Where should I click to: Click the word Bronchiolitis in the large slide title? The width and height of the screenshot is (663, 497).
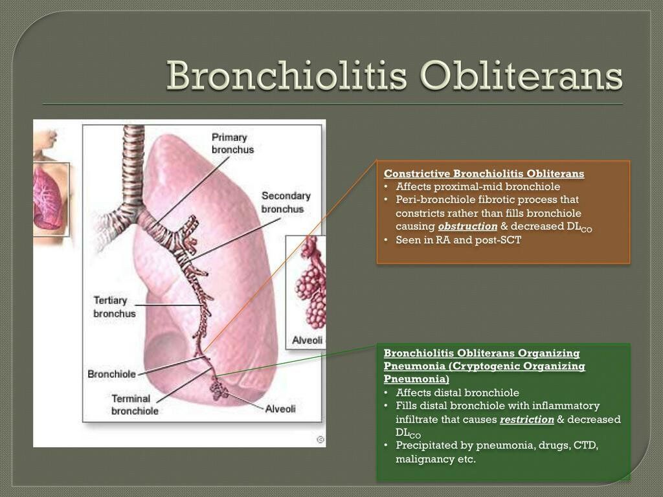pos(288,77)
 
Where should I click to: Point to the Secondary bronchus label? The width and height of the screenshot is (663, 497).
pos(286,202)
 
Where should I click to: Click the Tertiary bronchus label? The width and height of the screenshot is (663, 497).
pos(115,307)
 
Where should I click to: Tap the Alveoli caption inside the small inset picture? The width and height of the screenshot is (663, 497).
pos(307,340)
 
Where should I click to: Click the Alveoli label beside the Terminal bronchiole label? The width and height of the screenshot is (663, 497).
pos(280,408)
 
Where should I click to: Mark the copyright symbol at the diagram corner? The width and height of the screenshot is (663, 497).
pos(320,439)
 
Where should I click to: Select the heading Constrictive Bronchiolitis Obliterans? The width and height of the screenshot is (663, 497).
pos(484,173)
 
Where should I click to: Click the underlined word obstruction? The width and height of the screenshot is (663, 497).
pos(467,226)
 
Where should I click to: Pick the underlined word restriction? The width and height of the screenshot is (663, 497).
pos(526,419)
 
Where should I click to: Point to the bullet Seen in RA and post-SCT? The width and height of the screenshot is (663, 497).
pos(458,240)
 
